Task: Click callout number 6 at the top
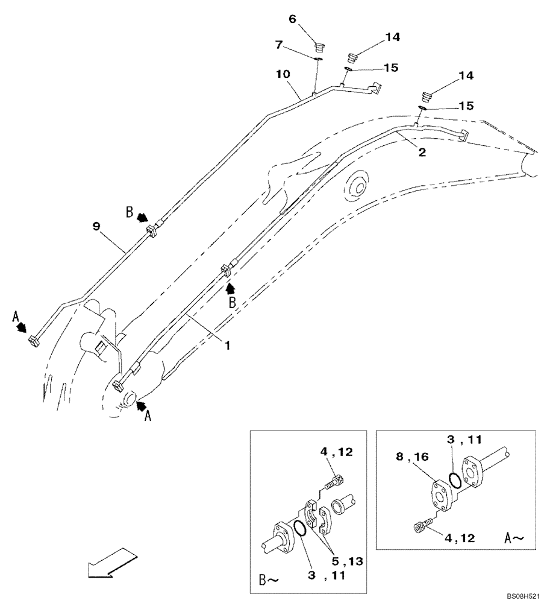pos(293,19)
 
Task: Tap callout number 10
pos(283,74)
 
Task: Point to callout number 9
pos(96,227)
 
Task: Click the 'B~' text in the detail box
pos(269,581)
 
